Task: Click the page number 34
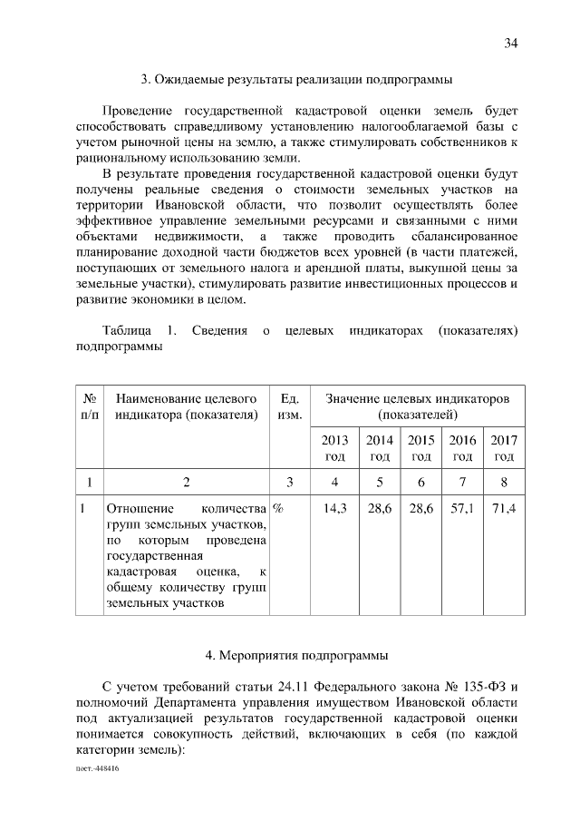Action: [x=511, y=44]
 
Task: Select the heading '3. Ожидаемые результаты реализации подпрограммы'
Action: [x=289, y=79]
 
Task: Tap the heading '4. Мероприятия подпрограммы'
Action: [x=289, y=653]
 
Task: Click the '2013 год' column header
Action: [x=334, y=448]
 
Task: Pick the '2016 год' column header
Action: [x=463, y=448]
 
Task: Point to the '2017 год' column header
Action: [x=504, y=448]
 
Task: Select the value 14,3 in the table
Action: [x=334, y=509]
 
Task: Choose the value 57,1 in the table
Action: [x=463, y=509]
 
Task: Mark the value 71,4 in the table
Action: [x=504, y=509]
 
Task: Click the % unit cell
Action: [x=277, y=509]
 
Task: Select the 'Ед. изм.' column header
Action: [x=290, y=406]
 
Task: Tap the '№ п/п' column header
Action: [x=90, y=406]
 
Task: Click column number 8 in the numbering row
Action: [x=504, y=481]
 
